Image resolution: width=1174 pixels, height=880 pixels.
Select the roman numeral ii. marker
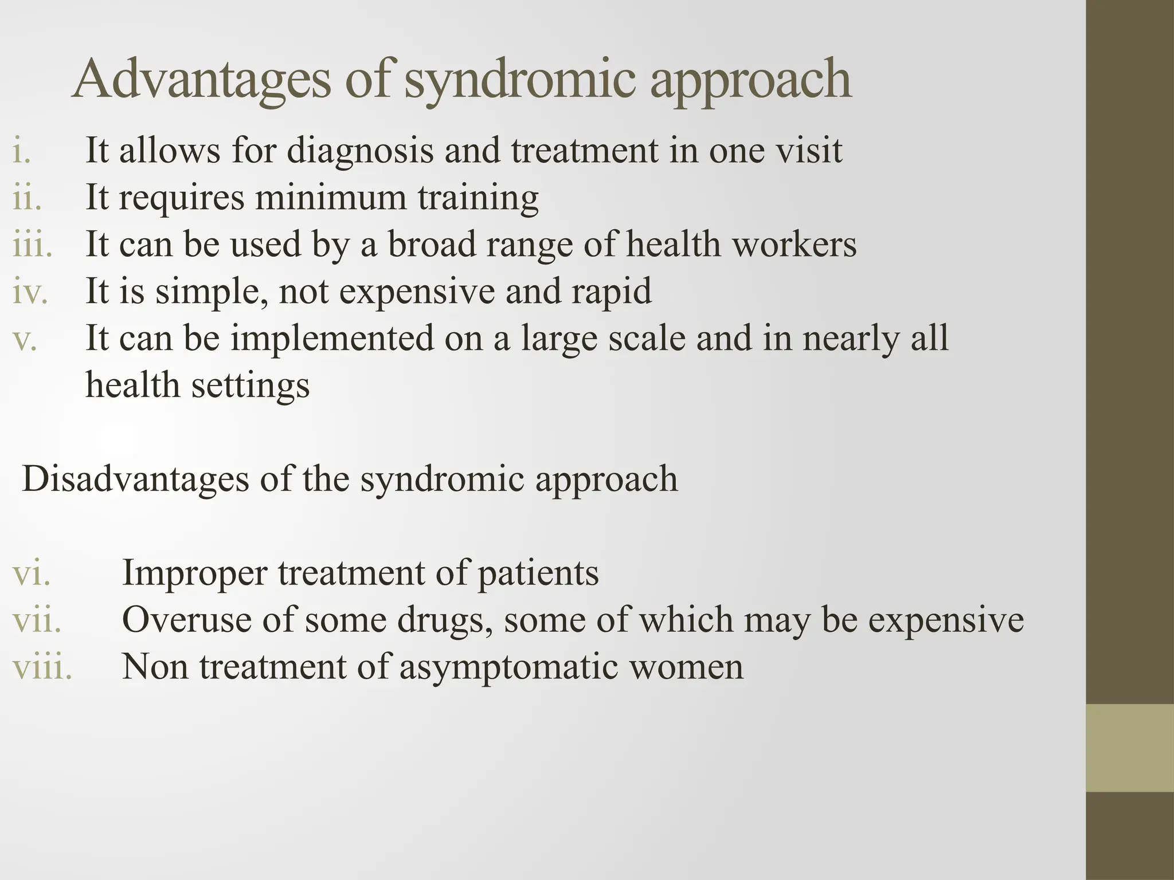(x=27, y=198)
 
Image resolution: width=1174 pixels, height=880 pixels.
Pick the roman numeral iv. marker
(x=30, y=292)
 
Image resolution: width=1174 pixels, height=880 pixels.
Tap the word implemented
(x=332, y=338)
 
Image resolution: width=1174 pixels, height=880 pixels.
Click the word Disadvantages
(x=135, y=479)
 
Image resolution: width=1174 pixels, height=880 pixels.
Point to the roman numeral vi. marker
(x=31, y=573)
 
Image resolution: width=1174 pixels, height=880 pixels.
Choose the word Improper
(x=195, y=573)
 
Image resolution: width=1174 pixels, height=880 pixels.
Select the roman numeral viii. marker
(x=42, y=667)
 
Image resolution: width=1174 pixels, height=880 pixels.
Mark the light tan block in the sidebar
(x=1130, y=748)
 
